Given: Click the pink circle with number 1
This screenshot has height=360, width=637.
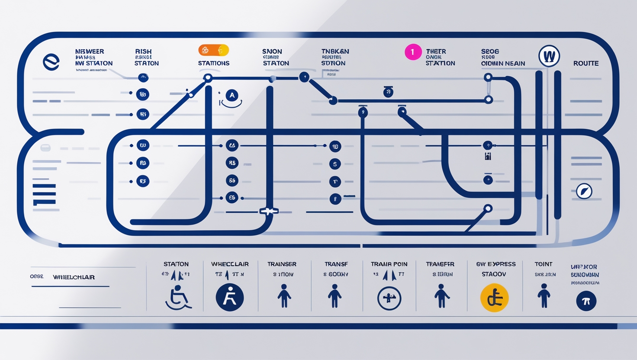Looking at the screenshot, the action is (413, 52).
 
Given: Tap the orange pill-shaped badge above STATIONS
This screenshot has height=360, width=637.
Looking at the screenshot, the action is (213, 50).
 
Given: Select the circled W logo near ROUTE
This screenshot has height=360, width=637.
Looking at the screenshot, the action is (549, 56).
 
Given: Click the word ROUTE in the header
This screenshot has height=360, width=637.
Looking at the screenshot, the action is (586, 63).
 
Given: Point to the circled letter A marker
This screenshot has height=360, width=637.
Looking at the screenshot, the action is (232, 95).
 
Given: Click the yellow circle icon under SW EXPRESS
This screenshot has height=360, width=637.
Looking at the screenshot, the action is (494, 298).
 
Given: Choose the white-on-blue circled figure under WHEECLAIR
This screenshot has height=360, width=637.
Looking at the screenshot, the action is (230, 298).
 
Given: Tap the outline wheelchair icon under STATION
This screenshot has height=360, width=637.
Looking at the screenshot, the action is (178, 298).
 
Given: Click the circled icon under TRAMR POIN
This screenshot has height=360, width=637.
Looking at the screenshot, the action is (389, 298).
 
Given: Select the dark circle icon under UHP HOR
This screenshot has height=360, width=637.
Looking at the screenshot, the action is (586, 301).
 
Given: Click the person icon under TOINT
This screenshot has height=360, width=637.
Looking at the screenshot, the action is (544, 296).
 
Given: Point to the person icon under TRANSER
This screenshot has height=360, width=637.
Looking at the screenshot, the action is (284, 296).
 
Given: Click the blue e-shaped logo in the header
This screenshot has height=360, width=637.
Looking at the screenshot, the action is (51, 62).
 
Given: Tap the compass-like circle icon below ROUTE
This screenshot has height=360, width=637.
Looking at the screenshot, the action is (584, 191).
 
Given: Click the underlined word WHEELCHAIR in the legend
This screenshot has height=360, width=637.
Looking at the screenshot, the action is (74, 277).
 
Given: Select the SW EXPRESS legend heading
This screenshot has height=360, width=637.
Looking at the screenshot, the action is (496, 264).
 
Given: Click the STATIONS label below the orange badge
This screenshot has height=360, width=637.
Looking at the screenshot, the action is (214, 63).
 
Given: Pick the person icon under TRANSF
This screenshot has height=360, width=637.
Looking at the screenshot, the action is (335, 296).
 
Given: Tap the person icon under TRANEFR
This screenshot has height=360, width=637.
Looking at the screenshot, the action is (441, 296).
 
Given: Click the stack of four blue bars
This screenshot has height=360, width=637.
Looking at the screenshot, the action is (44, 194).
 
